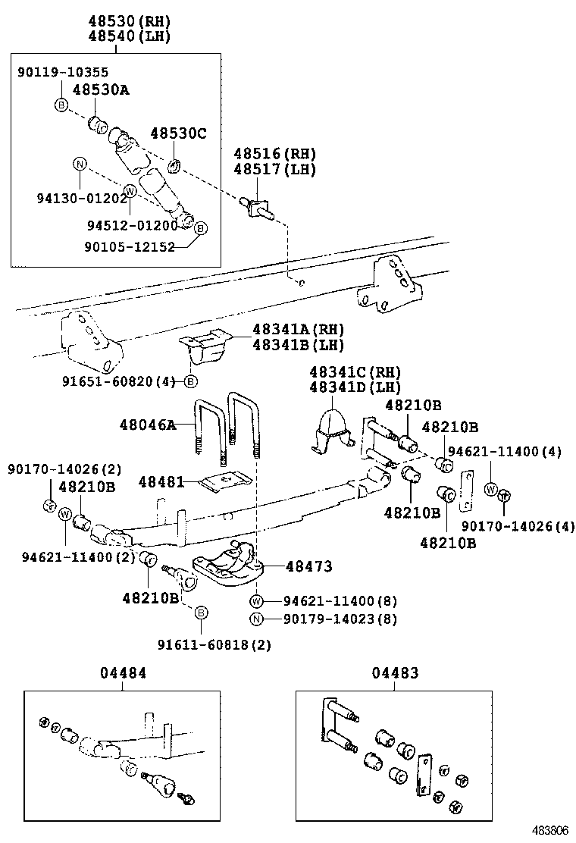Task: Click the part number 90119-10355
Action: (x=63, y=72)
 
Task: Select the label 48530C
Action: (x=177, y=133)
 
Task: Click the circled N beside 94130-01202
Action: (x=78, y=164)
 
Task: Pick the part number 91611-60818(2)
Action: (x=214, y=644)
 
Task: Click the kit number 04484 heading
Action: (x=123, y=672)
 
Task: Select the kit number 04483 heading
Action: (x=395, y=672)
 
